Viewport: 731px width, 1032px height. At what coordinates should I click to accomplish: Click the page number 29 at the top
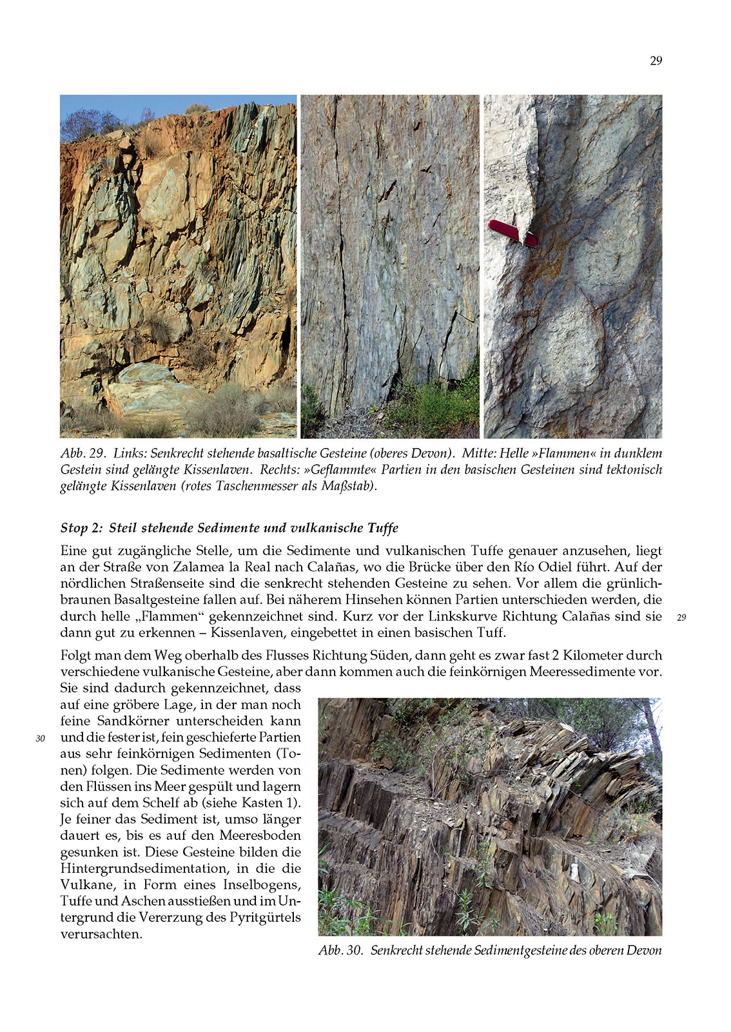[656, 61]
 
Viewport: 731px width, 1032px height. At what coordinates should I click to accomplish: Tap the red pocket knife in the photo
[512, 233]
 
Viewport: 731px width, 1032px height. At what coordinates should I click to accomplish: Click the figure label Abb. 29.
[83, 453]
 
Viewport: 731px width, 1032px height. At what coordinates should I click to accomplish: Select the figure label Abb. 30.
[340, 950]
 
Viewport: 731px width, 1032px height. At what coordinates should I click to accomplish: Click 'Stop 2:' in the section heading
[82, 528]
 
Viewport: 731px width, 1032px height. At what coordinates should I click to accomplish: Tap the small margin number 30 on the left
[40, 739]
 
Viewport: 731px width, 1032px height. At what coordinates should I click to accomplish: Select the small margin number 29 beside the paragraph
[681, 618]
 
